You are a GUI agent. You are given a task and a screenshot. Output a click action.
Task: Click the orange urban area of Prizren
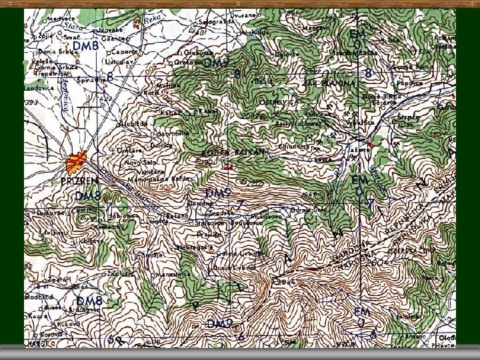[x=76, y=161]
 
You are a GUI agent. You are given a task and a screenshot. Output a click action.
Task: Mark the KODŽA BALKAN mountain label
[x=233, y=153]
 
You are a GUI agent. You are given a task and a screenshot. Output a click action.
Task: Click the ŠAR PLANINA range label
[x=329, y=83]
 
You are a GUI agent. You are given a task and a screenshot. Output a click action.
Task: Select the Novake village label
[x=111, y=30]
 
